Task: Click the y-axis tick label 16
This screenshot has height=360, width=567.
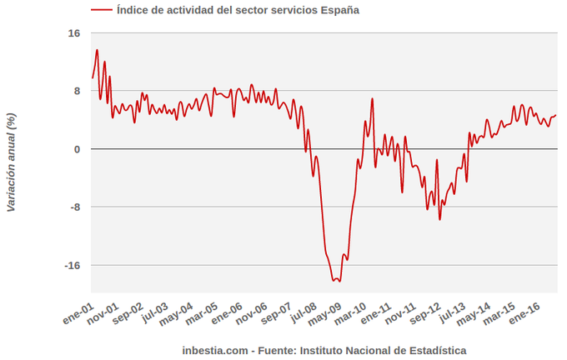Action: [x=74, y=33]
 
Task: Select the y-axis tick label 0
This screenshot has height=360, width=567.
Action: [x=77, y=149]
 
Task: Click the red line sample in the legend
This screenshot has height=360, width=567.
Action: [x=101, y=11]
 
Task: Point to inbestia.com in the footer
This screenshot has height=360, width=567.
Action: [x=215, y=351]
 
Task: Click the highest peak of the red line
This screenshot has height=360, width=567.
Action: [x=97, y=50]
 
